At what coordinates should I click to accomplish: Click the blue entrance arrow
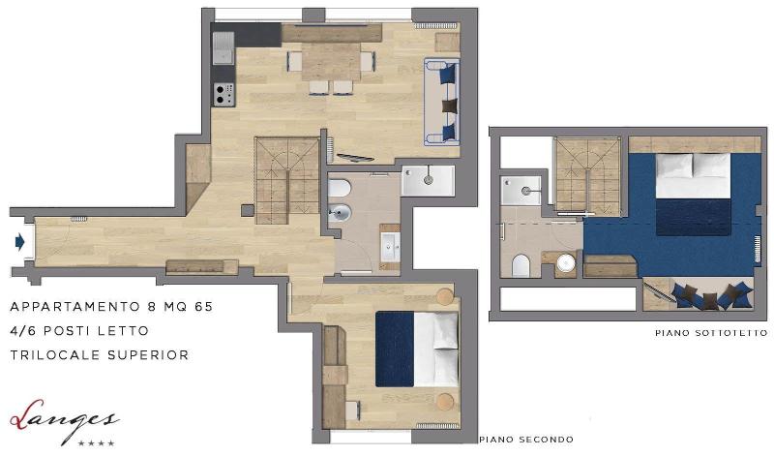click(19, 242)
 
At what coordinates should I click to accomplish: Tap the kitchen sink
click(223, 47)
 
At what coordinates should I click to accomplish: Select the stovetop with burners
click(224, 94)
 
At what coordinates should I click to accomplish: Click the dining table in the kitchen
click(331, 62)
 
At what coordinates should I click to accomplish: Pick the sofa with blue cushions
click(442, 102)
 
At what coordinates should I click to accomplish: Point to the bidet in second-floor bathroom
click(341, 213)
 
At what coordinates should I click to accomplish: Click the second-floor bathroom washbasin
click(391, 246)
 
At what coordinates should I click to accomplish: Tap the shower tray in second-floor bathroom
click(428, 180)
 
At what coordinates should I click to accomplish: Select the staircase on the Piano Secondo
click(286, 180)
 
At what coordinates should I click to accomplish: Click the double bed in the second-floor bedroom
click(417, 349)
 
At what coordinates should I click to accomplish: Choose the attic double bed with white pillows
click(693, 194)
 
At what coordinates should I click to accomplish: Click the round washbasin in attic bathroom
click(566, 262)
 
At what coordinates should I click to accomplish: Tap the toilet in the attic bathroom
click(521, 265)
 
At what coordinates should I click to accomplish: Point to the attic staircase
click(587, 176)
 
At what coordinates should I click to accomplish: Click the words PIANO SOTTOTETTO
click(711, 333)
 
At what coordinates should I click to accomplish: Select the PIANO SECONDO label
click(526, 440)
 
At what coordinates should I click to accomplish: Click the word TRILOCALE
click(56, 355)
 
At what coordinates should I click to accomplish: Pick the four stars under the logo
click(97, 443)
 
